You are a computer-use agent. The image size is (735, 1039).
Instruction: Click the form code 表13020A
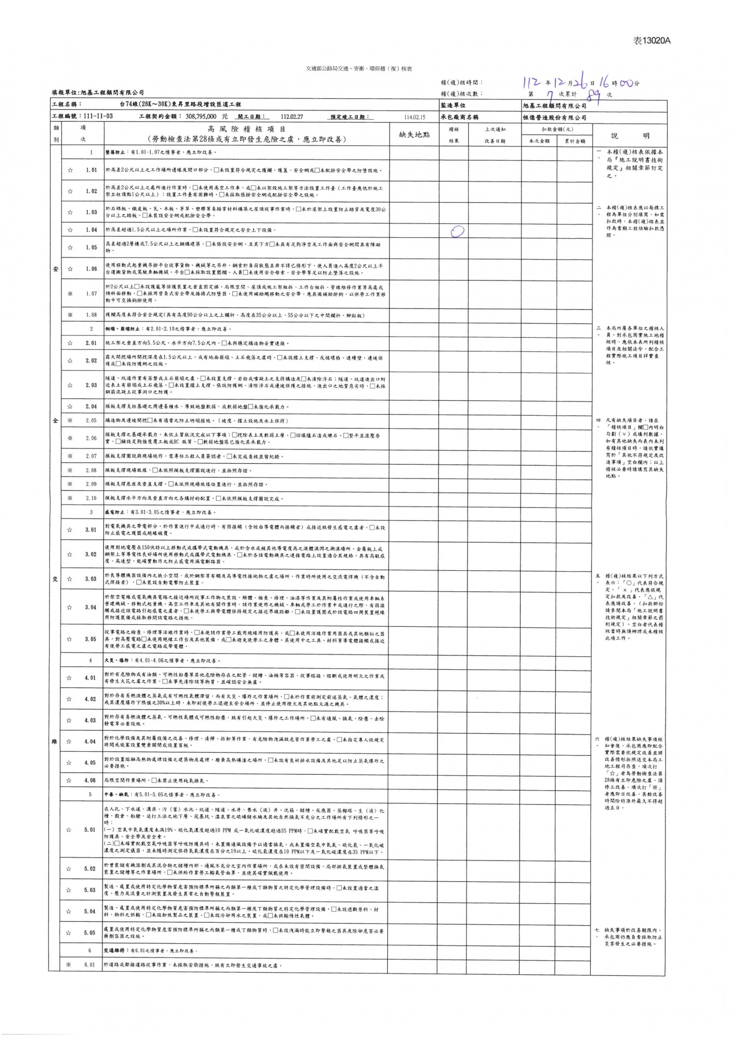652,41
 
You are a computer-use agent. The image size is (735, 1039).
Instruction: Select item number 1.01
91,170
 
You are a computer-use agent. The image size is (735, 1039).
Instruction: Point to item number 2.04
91,407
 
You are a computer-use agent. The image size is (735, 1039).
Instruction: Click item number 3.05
90,639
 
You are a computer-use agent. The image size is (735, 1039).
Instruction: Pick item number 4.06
90,780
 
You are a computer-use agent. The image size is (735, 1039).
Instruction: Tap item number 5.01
90,829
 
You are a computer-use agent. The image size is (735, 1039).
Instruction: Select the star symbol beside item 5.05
69,933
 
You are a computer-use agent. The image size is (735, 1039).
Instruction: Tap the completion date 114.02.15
414,117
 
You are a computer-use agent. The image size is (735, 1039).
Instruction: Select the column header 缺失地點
414,135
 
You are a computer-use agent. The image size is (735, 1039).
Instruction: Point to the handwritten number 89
594,94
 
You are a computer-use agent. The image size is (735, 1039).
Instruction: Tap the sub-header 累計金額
575,141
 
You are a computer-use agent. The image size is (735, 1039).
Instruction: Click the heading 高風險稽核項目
246,130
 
